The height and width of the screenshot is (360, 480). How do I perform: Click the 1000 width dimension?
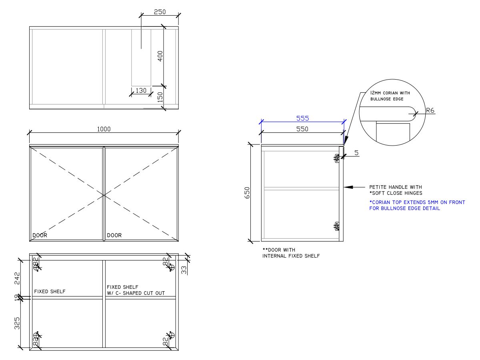104,129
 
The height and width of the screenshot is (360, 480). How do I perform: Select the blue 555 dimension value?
302,118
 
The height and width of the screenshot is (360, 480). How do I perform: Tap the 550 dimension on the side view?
302,130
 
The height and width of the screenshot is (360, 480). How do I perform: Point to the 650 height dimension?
247,194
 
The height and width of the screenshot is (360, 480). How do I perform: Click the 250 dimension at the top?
160,12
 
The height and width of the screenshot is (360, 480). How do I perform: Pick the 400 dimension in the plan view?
160,56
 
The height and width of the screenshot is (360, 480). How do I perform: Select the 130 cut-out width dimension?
141,91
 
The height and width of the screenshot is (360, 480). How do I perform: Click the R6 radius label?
430,111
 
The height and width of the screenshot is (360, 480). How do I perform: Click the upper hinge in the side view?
337,158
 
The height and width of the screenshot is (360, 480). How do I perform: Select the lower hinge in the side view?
337,226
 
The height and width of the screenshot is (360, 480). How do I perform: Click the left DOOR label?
40,235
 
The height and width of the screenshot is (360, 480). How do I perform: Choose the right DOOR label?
114,235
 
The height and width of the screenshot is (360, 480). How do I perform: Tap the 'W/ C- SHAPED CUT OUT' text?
141,293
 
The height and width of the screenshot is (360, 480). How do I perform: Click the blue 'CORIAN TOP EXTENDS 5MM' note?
417,202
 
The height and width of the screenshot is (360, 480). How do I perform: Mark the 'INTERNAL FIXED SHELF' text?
291,256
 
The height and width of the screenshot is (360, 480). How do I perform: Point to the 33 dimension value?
184,270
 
